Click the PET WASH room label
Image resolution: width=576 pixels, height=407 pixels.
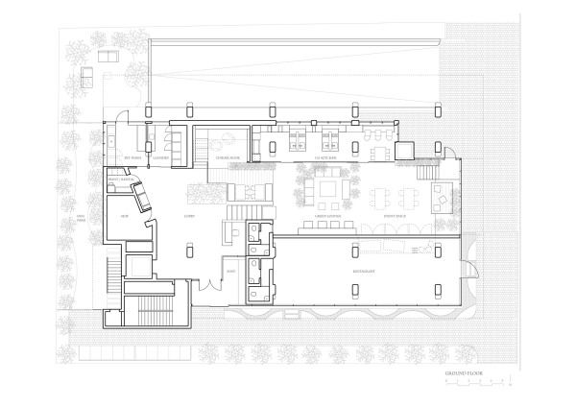(136, 157)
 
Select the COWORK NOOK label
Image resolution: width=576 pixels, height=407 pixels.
(227, 157)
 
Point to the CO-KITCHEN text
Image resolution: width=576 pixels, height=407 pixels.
(299, 157)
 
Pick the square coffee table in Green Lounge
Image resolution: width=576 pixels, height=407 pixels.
(326, 189)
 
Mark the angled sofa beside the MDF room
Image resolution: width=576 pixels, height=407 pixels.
(145, 197)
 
